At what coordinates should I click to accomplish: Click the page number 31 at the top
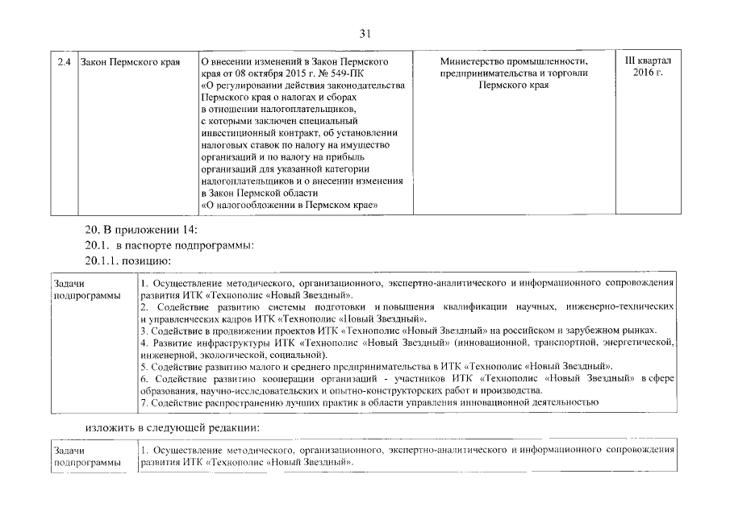coord(365,33)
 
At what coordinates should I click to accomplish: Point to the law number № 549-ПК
coord(347,73)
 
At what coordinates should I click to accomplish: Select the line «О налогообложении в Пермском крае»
coord(290,205)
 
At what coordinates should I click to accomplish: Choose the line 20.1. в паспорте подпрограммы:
coord(169,245)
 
